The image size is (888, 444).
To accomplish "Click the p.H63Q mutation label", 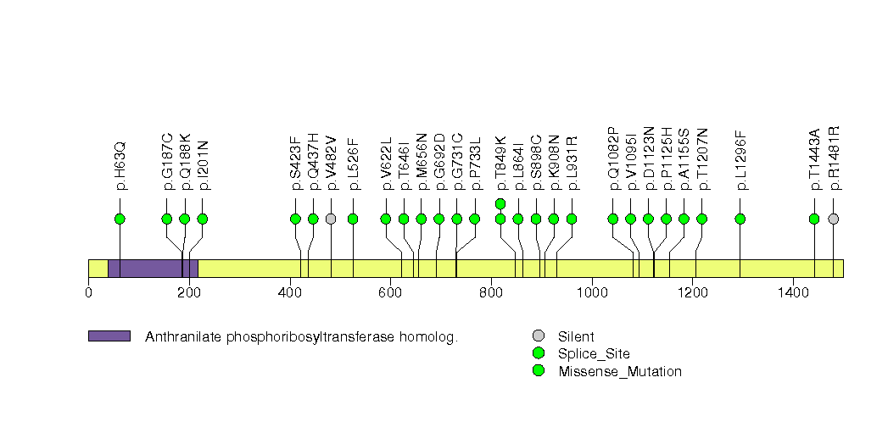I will pos(120,165).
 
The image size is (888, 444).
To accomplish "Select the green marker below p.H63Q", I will pos(120,219).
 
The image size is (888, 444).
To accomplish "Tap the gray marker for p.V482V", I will pos(331,219).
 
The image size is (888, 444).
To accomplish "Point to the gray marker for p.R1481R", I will pos(833,219).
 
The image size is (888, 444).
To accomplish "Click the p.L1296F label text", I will pos(740,159).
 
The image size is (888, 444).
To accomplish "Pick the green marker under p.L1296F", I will pos(740,219).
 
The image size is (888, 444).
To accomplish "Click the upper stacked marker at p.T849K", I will pos(500,203).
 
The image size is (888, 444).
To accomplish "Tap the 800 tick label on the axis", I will pos(491,293).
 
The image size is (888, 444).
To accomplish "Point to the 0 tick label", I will pos(88,293).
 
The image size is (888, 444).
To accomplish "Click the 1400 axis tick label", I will pos(793,293).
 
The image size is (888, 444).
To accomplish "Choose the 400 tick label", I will pos(290,293).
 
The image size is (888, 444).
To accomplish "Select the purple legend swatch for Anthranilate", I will pos(109,336).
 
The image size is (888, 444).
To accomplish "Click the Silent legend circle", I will pos(538,336).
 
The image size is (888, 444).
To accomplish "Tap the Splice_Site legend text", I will pos(594,354).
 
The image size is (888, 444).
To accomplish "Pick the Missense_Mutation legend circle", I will pos(538,371).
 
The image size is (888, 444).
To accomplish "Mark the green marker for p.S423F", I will pos(295,219).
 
